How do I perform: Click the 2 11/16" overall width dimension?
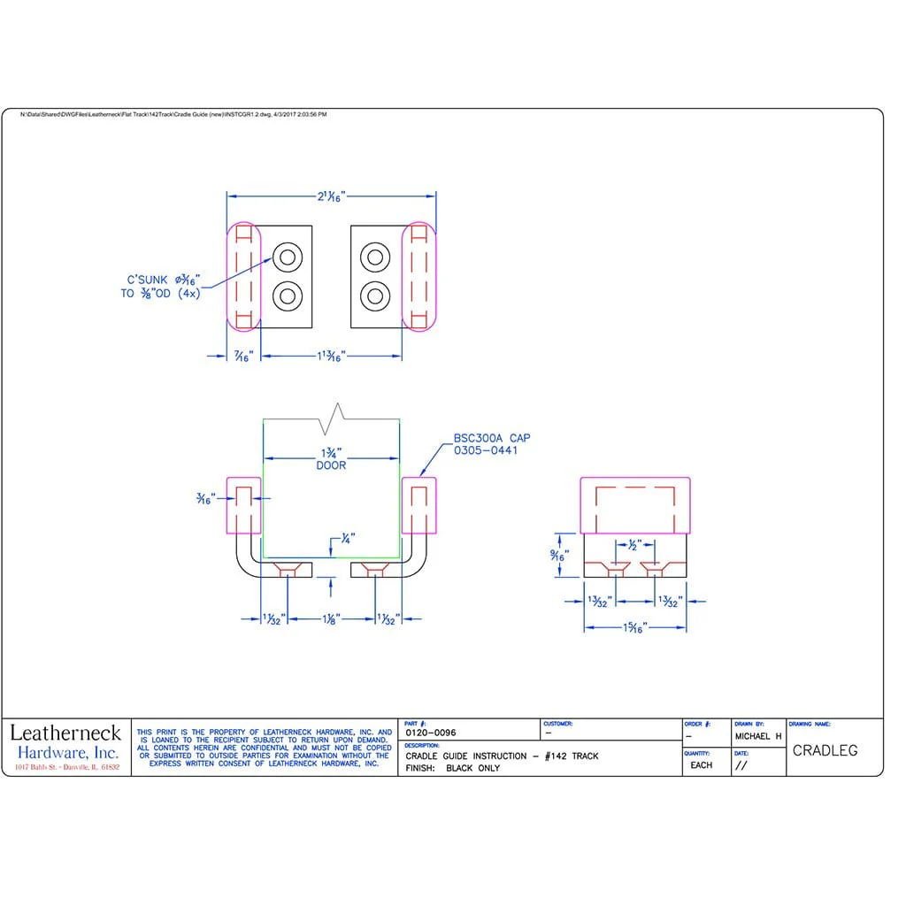pyautogui.click(x=332, y=197)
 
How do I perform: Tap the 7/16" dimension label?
pyautogui.click(x=243, y=357)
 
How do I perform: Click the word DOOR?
pyautogui.click(x=331, y=465)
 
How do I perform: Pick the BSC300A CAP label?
pyautogui.click(x=492, y=438)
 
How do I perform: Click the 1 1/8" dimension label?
pyautogui.click(x=332, y=619)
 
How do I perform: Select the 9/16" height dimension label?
pyautogui.click(x=557, y=556)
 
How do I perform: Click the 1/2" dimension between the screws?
pyautogui.click(x=633, y=546)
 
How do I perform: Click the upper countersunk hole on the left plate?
pyautogui.click(x=288, y=257)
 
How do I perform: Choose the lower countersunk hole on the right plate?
pyautogui.click(x=375, y=296)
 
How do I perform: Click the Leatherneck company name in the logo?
pyautogui.click(x=65, y=733)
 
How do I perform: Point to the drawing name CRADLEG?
pyautogui.click(x=825, y=751)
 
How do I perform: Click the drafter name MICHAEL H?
pyautogui.click(x=757, y=736)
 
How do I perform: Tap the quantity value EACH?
pyautogui.click(x=701, y=765)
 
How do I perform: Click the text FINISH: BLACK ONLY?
pyautogui.click(x=452, y=768)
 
